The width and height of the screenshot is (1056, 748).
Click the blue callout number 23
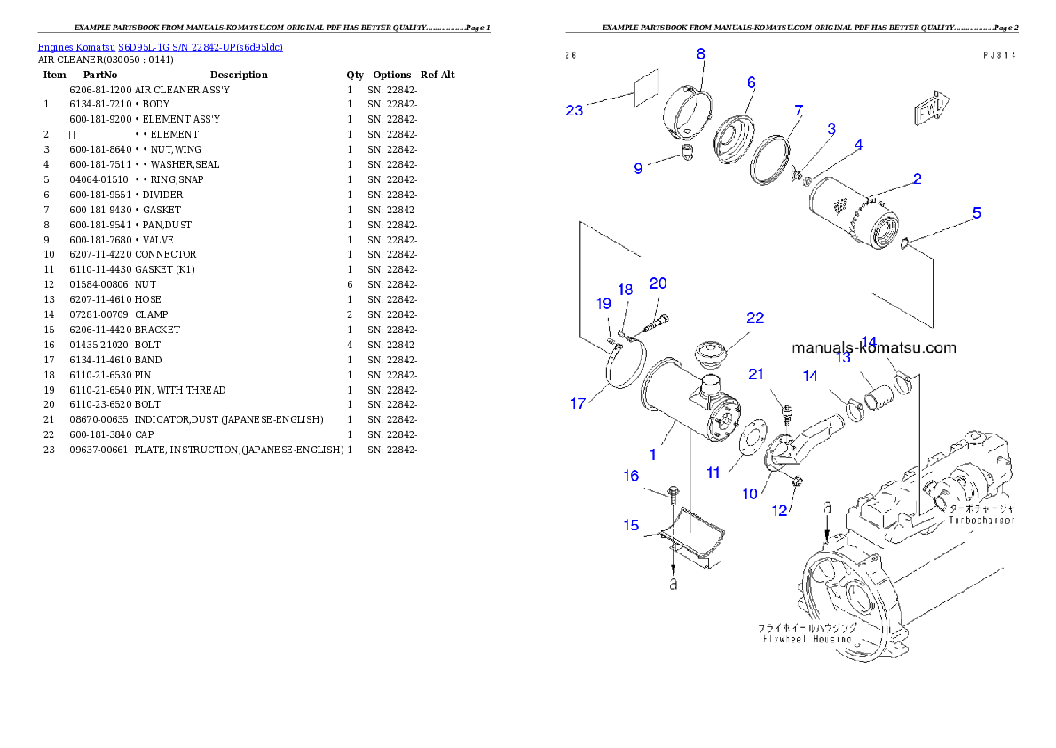(x=574, y=110)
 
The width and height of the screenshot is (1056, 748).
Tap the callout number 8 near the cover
(x=700, y=53)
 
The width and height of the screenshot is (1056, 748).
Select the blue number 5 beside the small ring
(x=976, y=212)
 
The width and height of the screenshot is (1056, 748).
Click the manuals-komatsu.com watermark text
(x=873, y=347)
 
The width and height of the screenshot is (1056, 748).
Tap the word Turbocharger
(x=981, y=520)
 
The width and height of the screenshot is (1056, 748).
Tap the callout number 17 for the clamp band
(x=578, y=403)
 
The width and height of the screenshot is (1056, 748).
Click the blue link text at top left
(x=160, y=46)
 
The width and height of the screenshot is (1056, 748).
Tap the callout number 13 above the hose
(x=842, y=357)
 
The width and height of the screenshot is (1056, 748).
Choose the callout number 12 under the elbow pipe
(x=779, y=511)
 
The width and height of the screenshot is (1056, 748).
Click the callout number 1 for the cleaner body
(x=652, y=454)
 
